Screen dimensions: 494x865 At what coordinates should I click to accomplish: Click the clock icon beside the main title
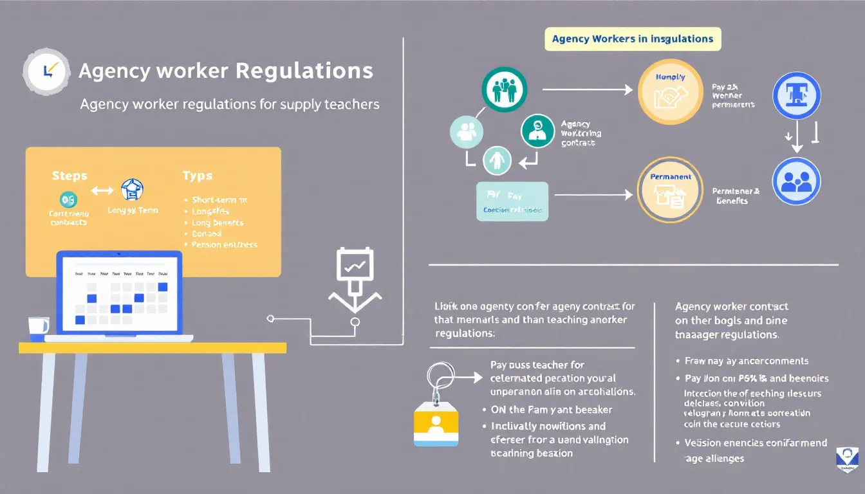point(46,71)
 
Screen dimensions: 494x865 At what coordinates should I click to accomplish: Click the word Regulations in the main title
point(304,71)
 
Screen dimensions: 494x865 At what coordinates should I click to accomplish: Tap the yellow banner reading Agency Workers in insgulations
point(633,39)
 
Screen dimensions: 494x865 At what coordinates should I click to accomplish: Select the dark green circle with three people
point(504,89)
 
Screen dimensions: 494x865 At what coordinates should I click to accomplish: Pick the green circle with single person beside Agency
point(537,131)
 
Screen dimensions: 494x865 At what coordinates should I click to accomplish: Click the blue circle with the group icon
point(796,181)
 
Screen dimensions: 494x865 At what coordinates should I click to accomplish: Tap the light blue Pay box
point(512,201)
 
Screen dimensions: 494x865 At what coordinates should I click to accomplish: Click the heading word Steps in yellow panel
point(69,175)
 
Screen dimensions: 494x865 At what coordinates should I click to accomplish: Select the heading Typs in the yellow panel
point(197,175)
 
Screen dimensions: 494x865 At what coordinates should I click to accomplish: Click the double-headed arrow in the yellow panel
point(102,190)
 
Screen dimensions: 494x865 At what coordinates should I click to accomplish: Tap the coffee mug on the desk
point(39,328)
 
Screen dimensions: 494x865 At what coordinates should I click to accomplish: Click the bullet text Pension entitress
point(224,245)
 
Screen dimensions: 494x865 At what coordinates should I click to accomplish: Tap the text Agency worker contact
point(732,307)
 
